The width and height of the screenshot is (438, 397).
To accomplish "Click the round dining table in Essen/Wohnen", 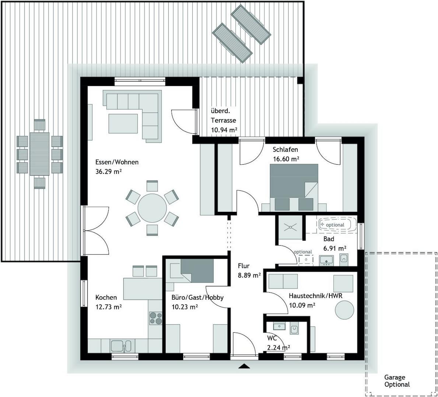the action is point(152,208).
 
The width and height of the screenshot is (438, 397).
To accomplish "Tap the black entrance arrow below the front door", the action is point(244,366).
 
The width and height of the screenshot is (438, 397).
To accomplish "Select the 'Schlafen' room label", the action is point(285,150).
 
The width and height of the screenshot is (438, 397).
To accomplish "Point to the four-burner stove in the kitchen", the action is point(156,318).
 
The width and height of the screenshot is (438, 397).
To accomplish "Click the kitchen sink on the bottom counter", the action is point(121,346).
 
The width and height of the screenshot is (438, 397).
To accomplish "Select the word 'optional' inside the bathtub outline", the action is point(335,225).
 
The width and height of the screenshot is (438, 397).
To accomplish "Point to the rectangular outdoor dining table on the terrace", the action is point(39,154).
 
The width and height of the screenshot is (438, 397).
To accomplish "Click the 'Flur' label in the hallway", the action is point(243,266).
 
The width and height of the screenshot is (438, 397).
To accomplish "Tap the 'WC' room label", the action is point(272,339).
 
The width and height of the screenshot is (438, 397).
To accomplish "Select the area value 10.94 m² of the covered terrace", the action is point(224,130).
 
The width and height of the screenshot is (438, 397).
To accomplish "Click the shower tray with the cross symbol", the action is point(291,227).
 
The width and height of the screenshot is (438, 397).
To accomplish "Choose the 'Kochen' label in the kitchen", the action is point(106,297).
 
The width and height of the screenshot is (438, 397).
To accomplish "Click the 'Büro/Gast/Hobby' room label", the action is point(197,298).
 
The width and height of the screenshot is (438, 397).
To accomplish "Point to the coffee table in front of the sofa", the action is point(123,124).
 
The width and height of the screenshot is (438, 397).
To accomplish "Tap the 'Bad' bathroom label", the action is point(329,239).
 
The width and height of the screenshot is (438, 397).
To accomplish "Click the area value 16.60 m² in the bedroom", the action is point(286,159).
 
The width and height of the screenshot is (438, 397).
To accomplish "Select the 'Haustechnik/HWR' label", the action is point(316,296).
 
